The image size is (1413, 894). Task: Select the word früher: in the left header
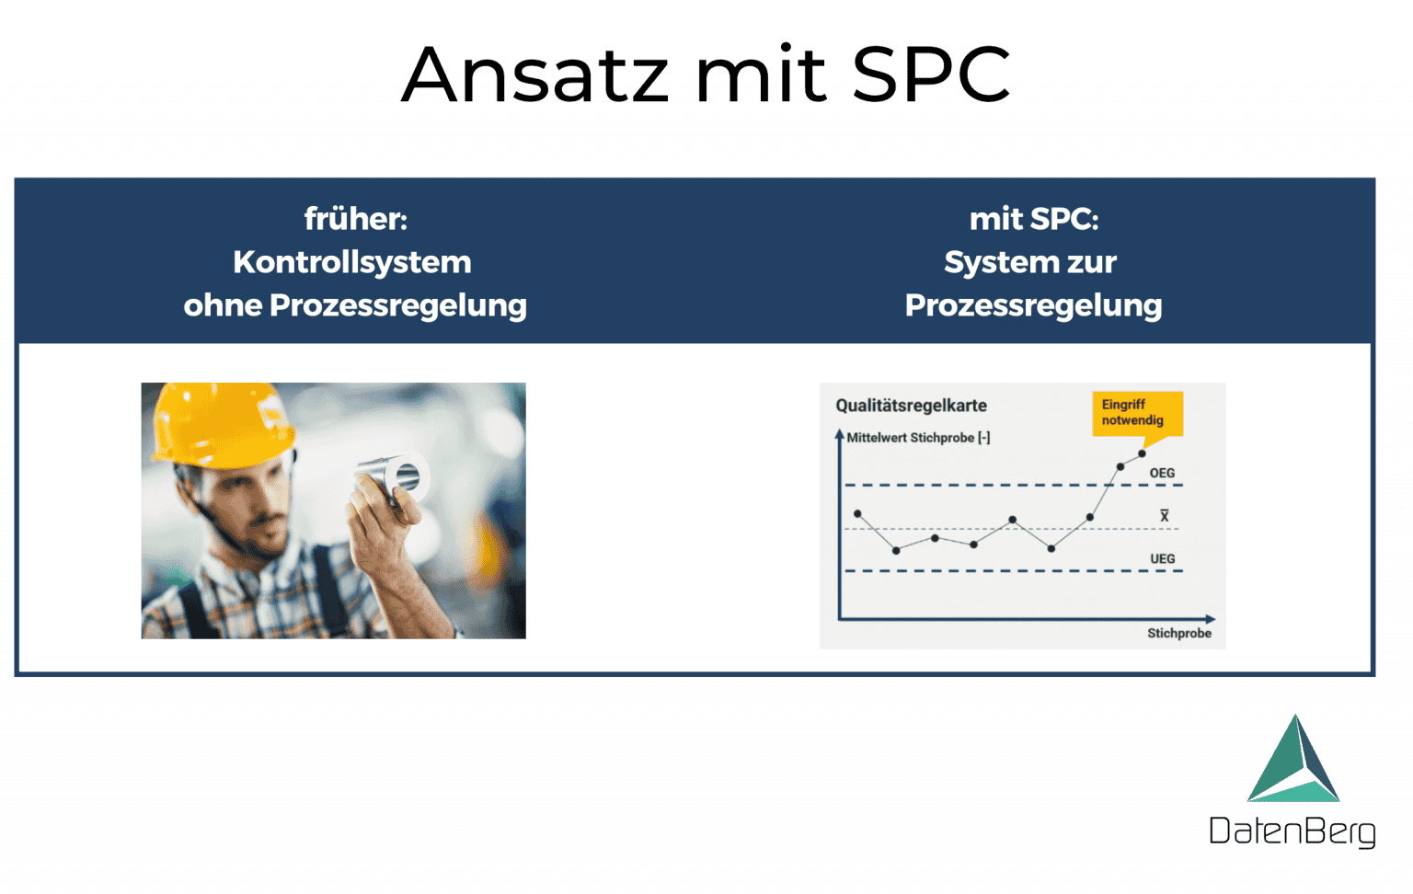355,219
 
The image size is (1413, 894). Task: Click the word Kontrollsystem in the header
352,262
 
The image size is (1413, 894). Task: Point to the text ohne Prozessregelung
355,305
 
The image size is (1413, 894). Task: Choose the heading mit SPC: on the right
1033,219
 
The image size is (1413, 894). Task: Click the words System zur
1030,262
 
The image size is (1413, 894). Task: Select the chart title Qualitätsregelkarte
911,406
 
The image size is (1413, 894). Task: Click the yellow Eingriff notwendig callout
1135,413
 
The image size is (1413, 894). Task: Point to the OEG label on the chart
1162,473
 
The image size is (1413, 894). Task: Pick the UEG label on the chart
1162,558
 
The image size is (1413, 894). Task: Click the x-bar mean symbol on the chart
1164,516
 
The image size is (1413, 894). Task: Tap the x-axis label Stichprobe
1178,633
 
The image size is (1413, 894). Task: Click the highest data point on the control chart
1142,453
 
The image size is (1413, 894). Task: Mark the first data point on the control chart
857,513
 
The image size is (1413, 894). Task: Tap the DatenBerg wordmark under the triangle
1292,831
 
